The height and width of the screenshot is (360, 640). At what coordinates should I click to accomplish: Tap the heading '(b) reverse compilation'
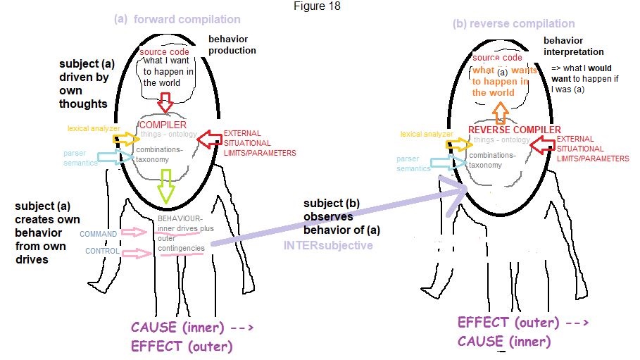tap(514, 23)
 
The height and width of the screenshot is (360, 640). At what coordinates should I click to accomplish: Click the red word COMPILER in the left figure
tap(163, 125)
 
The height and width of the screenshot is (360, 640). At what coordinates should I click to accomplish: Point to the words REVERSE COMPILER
tap(515, 130)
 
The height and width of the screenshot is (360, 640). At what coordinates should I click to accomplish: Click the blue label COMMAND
tap(99, 234)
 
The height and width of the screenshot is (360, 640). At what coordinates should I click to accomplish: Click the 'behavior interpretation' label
tap(573, 46)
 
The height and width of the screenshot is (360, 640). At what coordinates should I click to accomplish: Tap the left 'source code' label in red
tap(164, 53)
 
